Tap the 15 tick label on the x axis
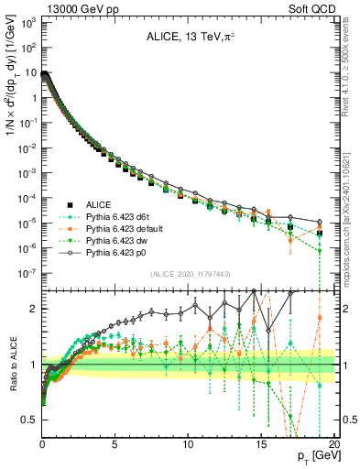[x=260, y=444]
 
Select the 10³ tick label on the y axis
[x=27, y=22]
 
